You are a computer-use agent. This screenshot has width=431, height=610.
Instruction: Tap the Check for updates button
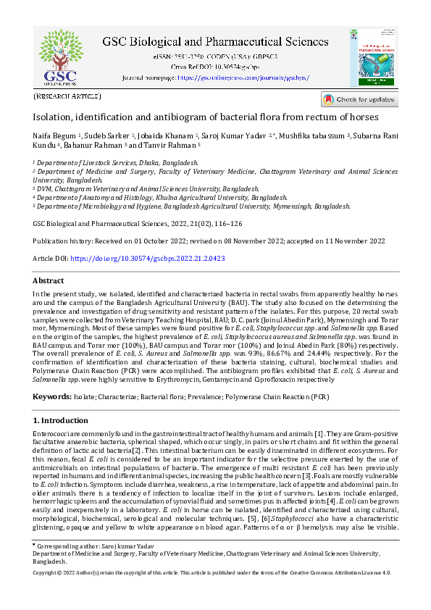coord(359,99)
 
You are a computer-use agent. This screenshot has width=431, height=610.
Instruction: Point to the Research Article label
coord(67,96)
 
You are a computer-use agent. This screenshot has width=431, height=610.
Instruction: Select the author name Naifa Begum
coord(54,135)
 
